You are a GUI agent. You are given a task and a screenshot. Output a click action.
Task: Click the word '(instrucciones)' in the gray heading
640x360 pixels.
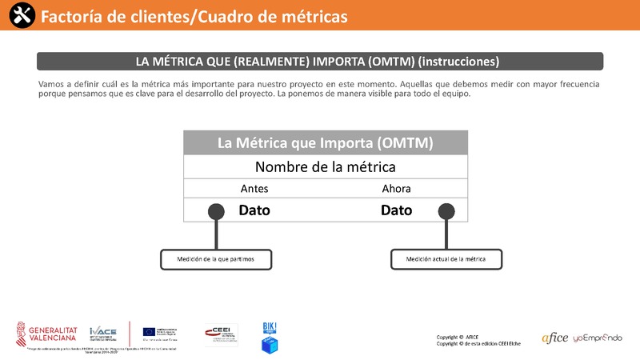[459, 62]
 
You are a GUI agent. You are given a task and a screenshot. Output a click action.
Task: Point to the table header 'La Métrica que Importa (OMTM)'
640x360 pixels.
[326, 143]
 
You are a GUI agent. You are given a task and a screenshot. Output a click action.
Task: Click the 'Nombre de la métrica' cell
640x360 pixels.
[326, 167]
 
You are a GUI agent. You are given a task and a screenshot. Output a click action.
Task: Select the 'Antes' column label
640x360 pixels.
[254, 189]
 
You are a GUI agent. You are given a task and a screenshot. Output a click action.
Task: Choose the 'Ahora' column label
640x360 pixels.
[396, 189]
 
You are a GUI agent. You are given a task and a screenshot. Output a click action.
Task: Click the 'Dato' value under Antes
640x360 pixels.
[254, 210]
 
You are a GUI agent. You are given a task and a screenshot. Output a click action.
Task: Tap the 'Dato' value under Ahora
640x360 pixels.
[396, 210]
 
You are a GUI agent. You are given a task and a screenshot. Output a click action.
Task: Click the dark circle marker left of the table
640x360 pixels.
[216, 211]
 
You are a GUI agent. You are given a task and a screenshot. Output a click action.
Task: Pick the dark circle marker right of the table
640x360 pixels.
[446, 211]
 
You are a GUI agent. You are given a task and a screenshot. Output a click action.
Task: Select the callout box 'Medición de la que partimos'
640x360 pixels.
[214, 259]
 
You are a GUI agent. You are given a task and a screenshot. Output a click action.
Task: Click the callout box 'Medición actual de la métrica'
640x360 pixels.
[446, 259]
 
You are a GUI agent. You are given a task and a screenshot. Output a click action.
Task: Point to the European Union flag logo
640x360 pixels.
[150, 332]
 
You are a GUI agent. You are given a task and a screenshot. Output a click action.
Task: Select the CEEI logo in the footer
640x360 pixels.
[221, 334]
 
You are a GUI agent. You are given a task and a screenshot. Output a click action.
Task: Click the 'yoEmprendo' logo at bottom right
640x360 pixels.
[597, 338]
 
